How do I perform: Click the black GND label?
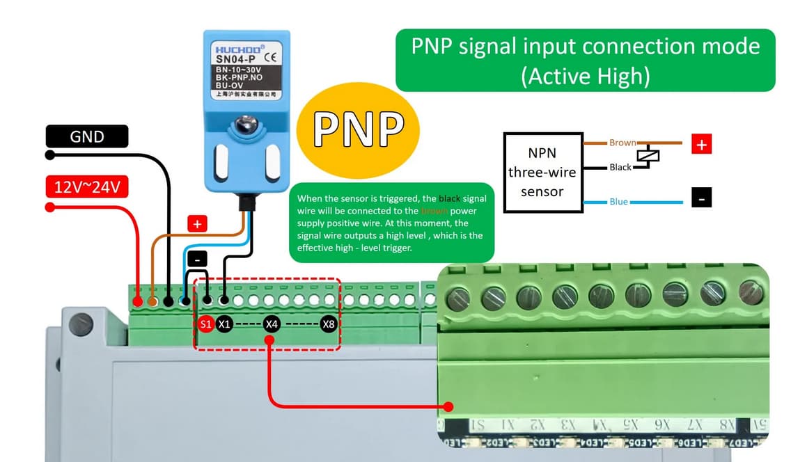coord(87,136)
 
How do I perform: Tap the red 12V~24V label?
coord(87,187)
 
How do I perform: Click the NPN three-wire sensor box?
coord(542,172)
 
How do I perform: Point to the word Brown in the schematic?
coord(622,143)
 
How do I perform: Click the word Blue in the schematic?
coord(618,202)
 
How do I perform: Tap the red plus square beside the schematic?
coord(701,144)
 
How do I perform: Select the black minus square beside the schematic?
coord(701,198)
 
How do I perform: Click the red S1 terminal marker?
coord(205,324)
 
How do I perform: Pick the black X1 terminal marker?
coord(224,324)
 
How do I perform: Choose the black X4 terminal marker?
coord(272,324)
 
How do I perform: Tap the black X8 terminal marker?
coord(328,324)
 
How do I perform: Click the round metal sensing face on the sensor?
coord(244,125)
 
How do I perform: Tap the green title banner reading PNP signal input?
coord(585,61)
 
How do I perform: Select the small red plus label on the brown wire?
coord(197,224)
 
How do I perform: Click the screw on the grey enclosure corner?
coord(82,323)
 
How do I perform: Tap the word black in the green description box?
coord(451,199)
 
